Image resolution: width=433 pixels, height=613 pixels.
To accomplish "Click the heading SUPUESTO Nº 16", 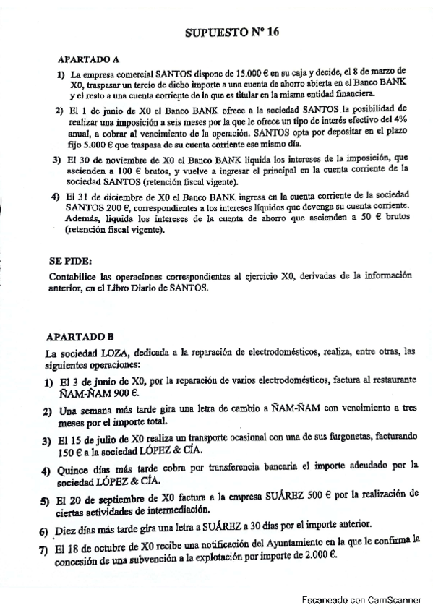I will [x=231, y=33].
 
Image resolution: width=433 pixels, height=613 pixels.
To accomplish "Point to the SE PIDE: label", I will [x=70, y=261].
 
